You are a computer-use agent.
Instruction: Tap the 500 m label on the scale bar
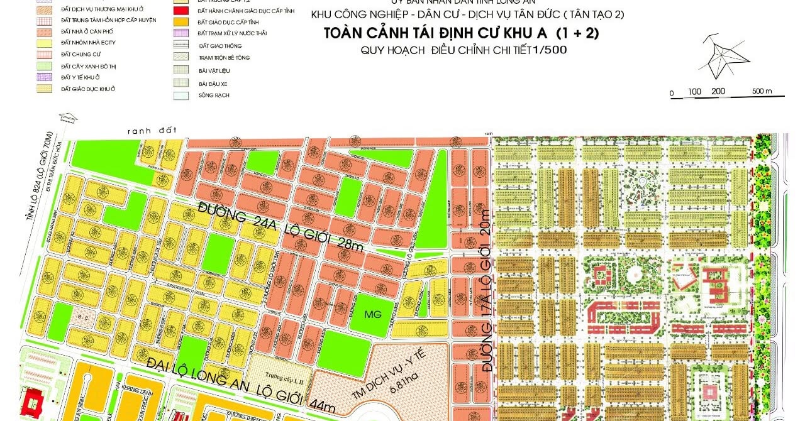point(761,92)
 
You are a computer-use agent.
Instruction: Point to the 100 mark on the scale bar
point(694,92)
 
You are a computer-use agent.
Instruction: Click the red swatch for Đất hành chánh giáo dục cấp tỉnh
point(181,11)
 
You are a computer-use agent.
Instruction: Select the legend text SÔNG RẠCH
point(214,96)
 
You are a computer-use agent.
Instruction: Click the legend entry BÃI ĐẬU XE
point(214,83)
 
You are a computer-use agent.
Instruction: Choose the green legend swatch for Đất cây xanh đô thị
point(44,66)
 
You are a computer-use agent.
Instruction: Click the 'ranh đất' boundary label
point(145,131)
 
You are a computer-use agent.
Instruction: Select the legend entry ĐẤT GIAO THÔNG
point(219,46)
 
